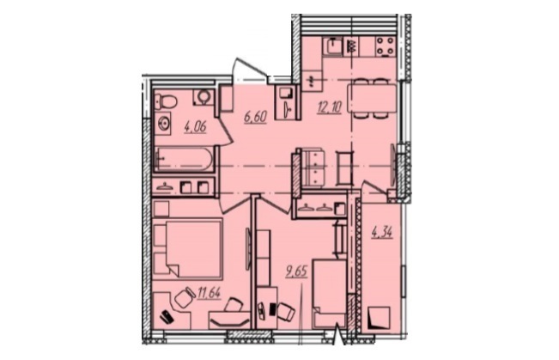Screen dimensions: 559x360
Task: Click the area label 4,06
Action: [x=195, y=126]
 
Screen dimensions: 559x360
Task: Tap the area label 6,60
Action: [x=255, y=116]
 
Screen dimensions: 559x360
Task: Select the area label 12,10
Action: [x=330, y=107]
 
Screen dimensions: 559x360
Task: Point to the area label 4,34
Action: [x=382, y=233]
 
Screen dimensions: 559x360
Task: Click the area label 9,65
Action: [x=296, y=272]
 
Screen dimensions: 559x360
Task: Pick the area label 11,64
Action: [x=209, y=293]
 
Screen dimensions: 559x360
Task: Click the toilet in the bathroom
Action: [x=167, y=101]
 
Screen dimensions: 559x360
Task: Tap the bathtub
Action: [x=185, y=159]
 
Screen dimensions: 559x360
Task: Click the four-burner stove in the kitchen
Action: [x=386, y=46]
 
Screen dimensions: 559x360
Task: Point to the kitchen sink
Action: [x=333, y=46]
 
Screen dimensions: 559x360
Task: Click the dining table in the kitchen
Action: [x=372, y=99]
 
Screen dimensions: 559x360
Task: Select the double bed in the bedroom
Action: [x=188, y=248]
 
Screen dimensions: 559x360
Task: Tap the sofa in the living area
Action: [x=313, y=168]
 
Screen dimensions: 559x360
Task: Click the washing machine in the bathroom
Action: [x=204, y=98]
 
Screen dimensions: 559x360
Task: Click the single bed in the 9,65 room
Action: [x=330, y=294]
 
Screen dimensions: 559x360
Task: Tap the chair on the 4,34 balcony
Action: [x=380, y=318]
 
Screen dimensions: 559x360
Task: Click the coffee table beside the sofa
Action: [x=345, y=168]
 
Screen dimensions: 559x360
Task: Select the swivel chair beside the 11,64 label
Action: [x=184, y=298]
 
